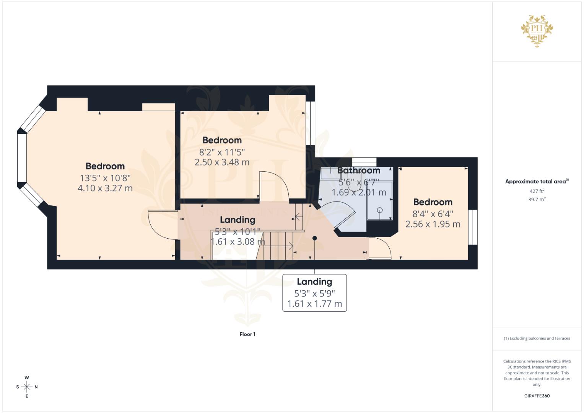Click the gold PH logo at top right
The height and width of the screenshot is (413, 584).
537,31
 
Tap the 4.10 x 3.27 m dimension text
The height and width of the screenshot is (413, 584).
105,188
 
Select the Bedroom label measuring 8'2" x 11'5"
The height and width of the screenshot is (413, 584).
222,140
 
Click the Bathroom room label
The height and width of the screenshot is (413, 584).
359,171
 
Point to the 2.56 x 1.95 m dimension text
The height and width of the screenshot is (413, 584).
433,224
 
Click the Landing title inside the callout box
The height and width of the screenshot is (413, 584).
314,282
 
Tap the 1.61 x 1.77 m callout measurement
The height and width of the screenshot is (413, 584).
314,304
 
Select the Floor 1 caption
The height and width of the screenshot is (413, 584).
247,334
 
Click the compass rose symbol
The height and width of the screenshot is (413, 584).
27,387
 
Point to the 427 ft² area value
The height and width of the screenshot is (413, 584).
537,191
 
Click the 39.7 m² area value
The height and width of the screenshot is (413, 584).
537,199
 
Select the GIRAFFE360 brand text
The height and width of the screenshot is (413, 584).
537,396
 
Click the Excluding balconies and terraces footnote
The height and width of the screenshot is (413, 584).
537,338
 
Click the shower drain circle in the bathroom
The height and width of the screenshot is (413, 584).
380,210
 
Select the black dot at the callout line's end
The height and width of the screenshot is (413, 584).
315,238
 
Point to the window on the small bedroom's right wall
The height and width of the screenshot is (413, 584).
473,227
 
